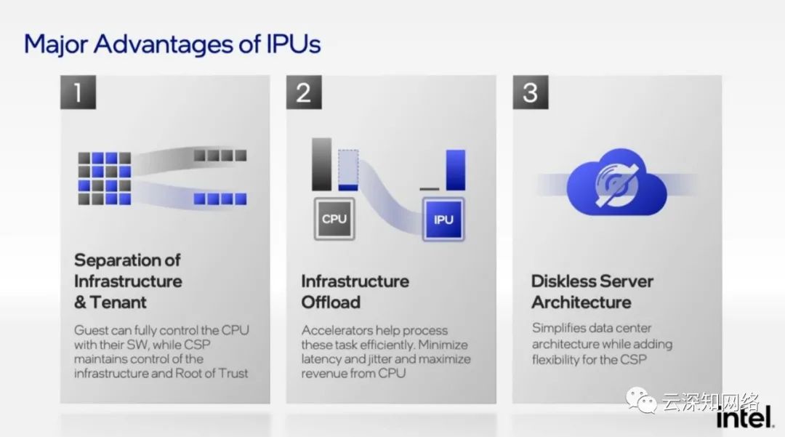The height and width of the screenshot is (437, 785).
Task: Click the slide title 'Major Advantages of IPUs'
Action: (x=172, y=44)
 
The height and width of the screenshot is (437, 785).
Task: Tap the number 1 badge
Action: (x=77, y=93)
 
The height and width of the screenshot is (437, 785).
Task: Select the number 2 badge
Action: (x=304, y=93)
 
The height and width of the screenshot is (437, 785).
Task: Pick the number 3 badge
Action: (x=530, y=93)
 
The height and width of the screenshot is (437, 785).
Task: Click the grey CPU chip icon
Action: (x=334, y=218)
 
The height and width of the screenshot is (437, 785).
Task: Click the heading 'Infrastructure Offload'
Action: (x=355, y=291)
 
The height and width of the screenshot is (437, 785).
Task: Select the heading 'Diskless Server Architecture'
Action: (x=592, y=291)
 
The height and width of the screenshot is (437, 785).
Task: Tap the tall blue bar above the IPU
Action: (x=456, y=169)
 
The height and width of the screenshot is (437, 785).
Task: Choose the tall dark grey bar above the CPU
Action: (x=321, y=164)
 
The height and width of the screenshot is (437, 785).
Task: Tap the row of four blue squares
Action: (x=220, y=199)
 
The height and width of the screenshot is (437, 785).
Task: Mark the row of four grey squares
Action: (x=220, y=155)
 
